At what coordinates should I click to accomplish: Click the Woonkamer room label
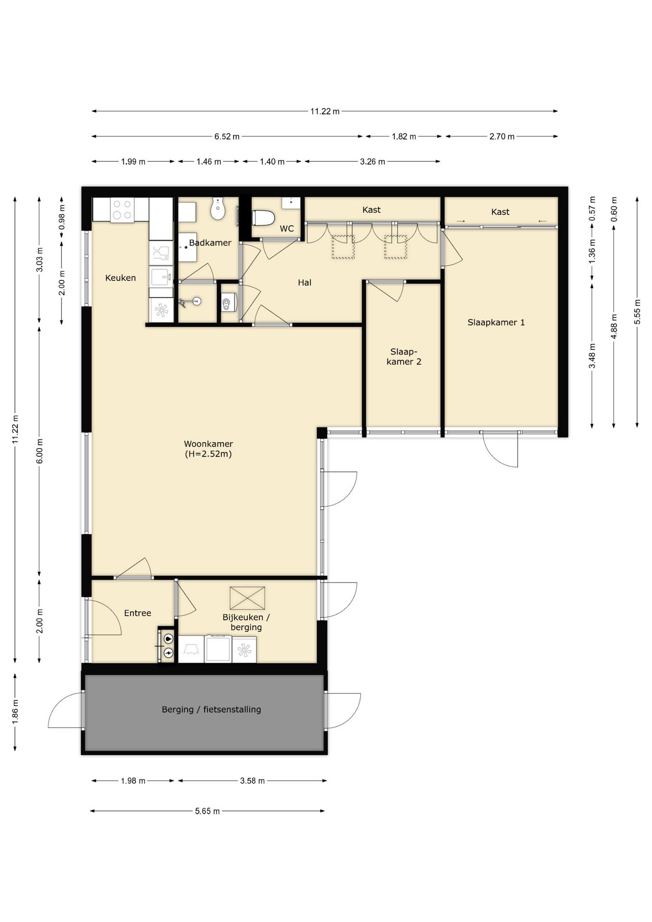click(x=208, y=449)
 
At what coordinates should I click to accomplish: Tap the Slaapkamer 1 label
click(x=496, y=323)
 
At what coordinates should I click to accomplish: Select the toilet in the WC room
click(x=263, y=218)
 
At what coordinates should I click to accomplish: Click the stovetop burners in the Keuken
click(x=122, y=210)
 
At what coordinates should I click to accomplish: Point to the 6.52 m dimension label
click(x=227, y=136)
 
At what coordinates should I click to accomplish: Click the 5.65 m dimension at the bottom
click(x=207, y=811)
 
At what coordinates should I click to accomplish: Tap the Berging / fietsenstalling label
click(x=211, y=709)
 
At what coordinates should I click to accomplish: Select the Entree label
click(x=137, y=613)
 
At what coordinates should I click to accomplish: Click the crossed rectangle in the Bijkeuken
click(x=247, y=598)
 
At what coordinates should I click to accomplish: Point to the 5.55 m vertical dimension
click(x=637, y=311)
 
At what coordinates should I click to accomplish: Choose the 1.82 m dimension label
click(x=404, y=136)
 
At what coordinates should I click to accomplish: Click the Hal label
click(x=304, y=283)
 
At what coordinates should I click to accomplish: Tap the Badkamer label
click(x=210, y=243)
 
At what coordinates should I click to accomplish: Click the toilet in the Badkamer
click(x=218, y=209)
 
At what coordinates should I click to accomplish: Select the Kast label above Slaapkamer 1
click(x=500, y=212)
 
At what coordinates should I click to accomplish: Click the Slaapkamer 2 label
click(x=403, y=357)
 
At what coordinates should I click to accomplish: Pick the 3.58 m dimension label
click(x=252, y=781)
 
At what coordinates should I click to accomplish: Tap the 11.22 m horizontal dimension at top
click(x=325, y=111)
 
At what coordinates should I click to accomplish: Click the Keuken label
click(x=121, y=278)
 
